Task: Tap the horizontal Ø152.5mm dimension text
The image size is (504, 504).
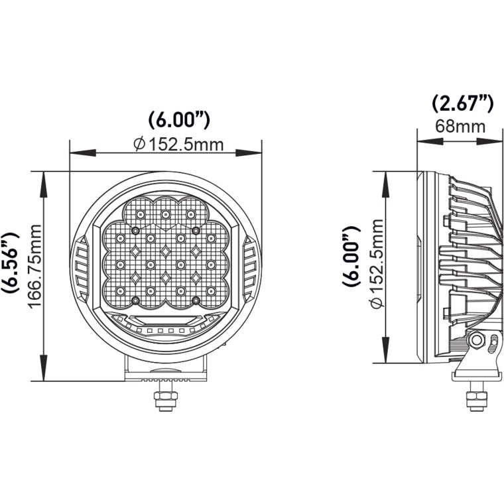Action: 178,145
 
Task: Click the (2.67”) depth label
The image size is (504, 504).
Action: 462,103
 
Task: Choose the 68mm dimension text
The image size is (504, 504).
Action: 460,126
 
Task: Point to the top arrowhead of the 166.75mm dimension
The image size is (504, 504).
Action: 44,177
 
